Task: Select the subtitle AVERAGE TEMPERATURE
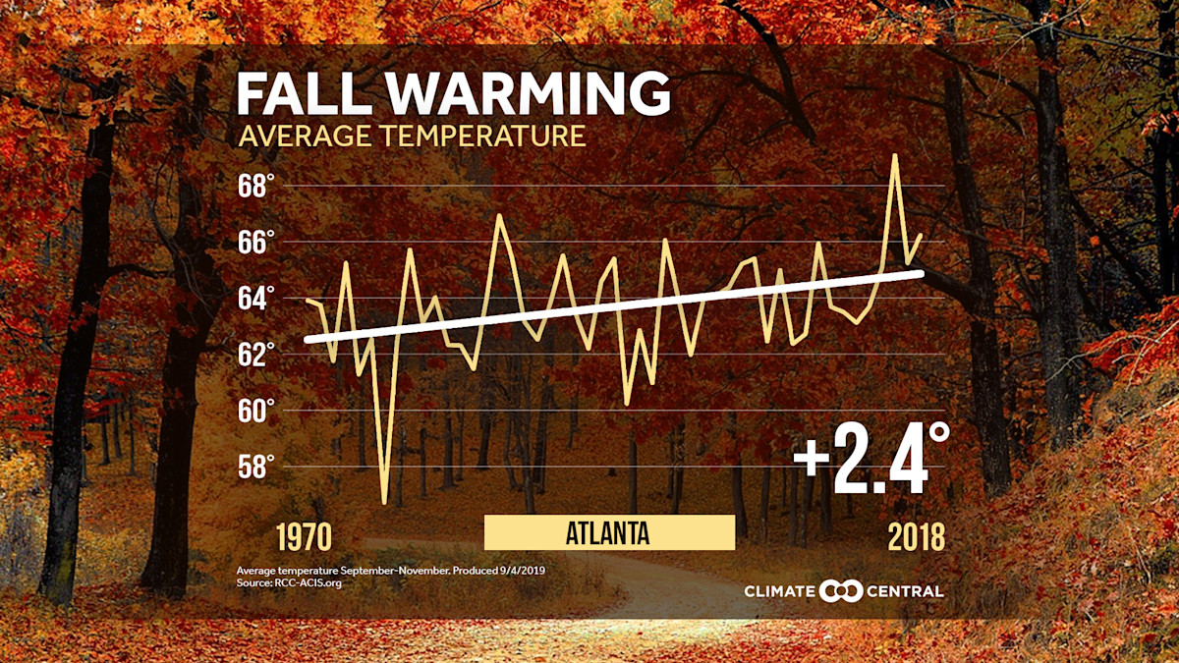click(412, 136)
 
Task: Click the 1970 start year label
click(304, 537)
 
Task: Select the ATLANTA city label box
click(609, 533)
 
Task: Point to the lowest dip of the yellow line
click(384, 503)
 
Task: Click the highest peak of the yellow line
click(894, 155)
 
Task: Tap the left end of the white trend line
click(308, 339)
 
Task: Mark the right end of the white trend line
click(921, 272)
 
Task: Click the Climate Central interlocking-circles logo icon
click(840, 591)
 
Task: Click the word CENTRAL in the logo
click(905, 591)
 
